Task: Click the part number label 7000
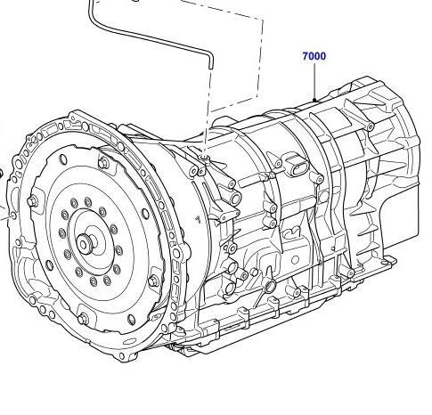tap(314, 56)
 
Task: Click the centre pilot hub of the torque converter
tap(83, 243)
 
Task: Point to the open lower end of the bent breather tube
tap(210, 66)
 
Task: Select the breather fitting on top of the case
tap(203, 157)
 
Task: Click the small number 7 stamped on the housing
tap(198, 220)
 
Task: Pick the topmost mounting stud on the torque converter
tap(103, 163)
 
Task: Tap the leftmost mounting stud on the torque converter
tap(32, 201)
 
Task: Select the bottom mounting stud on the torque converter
tap(83, 319)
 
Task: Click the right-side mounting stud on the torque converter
tap(153, 281)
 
